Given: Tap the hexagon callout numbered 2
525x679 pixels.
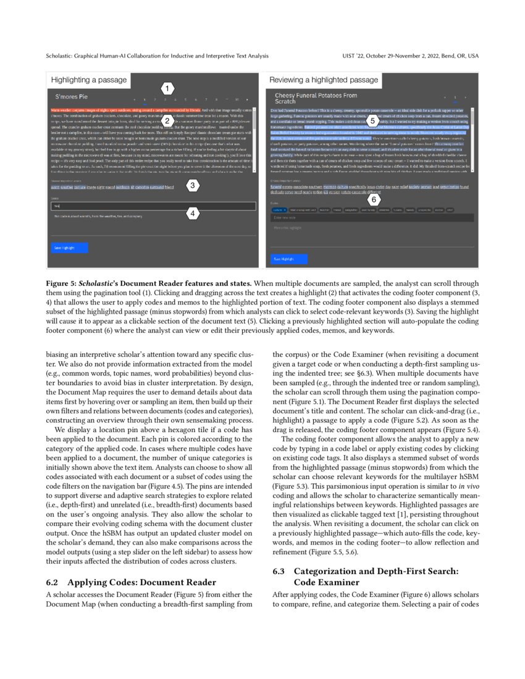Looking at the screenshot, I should coord(166,120).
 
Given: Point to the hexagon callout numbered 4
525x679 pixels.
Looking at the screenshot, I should coord(193,214).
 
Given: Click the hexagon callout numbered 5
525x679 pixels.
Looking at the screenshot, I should coord(373,120).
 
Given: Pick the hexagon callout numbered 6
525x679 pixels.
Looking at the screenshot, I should coord(373,199).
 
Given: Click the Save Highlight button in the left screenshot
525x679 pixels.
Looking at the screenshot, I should coord(64,248).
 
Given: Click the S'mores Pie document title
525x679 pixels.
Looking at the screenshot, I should coord(72,98).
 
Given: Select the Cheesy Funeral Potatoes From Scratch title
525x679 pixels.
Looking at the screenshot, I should coord(316,98).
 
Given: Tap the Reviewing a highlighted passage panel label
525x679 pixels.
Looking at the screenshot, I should coord(324,80).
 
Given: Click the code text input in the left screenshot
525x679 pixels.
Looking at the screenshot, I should coord(151,206).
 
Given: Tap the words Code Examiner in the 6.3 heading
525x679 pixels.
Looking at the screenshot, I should coord(324,581).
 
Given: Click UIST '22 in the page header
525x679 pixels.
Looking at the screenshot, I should coord(354,56).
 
